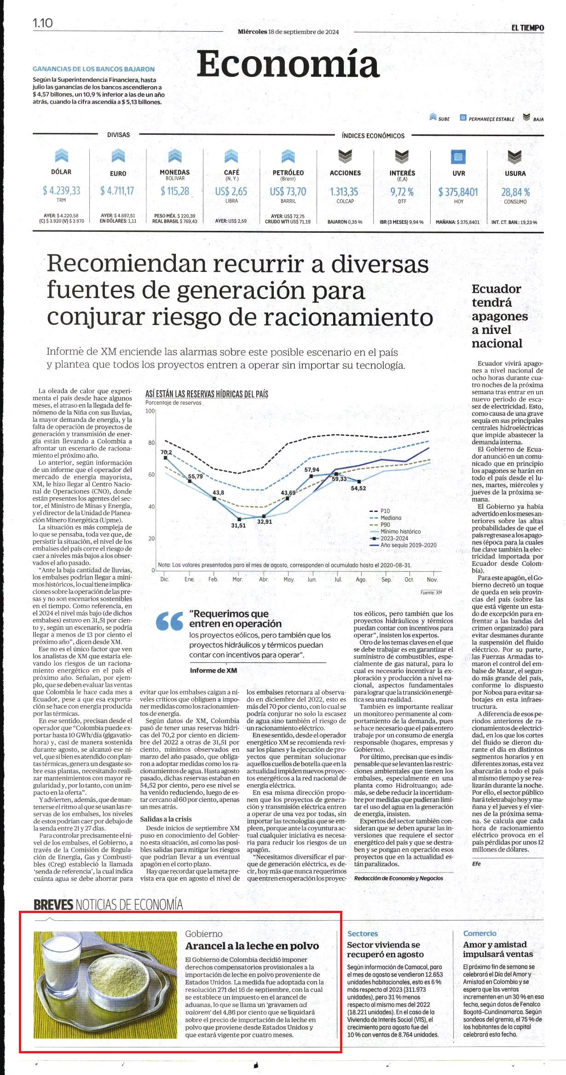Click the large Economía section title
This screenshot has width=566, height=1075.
288,64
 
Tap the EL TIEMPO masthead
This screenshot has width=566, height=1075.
527,28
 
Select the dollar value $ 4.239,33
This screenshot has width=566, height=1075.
61,190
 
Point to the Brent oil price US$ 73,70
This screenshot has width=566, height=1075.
288,191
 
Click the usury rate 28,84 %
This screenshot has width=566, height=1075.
515,192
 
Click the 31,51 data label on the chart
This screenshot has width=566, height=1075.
238,525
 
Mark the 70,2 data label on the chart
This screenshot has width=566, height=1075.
166,452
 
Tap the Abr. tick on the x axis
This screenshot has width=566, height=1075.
264,580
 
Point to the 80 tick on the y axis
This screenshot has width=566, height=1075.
151,443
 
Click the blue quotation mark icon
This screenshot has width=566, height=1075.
169,621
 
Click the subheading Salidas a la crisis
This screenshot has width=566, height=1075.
166,819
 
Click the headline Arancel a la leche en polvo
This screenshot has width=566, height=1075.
252,946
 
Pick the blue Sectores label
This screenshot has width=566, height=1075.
363,934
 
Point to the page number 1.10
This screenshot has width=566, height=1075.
43,23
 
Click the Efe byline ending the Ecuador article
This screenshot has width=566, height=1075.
476,863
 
